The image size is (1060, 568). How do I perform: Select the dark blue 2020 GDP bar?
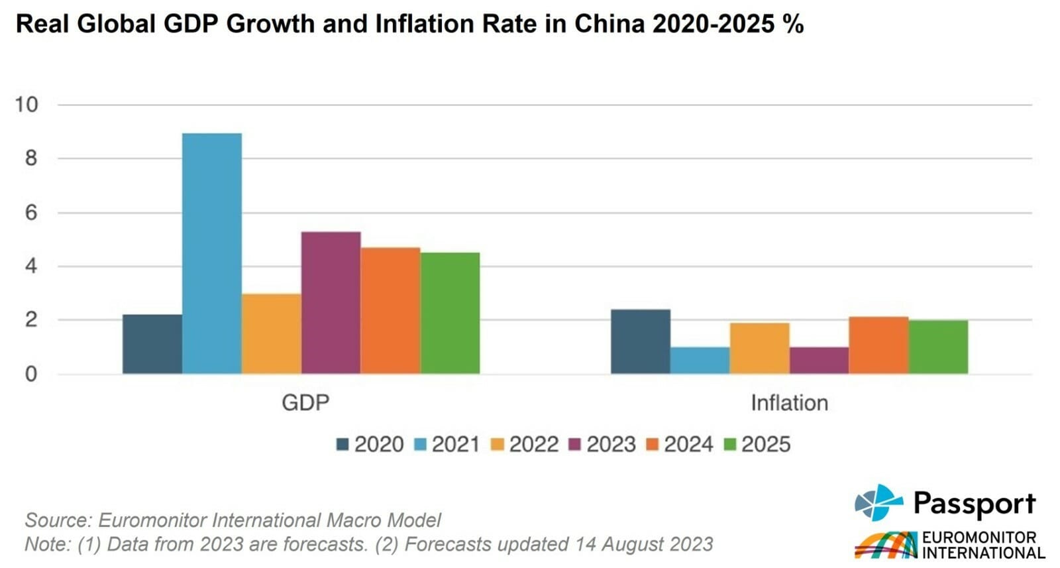[x=152, y=344]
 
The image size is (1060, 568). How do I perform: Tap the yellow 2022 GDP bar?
[x=272, y=334]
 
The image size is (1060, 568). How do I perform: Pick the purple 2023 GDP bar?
[x=331, y=303]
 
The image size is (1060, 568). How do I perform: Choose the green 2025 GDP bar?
[x=450, y=313]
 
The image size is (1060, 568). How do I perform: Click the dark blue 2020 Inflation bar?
[x=640, y=341]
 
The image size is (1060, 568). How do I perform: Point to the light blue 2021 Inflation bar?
[x=700, y=361]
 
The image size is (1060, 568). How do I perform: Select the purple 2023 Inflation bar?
[x=819, y=361]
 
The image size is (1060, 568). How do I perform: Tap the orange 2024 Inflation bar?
[x=878, y=345]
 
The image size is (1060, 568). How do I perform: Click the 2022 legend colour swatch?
[x=498, y=445]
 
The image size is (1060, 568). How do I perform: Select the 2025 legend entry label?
[x=766, y=444]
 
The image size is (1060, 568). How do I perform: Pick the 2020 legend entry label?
[x=379, y=444]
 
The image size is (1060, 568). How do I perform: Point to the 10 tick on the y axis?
[x=26, y=105]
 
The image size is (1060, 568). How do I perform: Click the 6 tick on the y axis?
[x=30, y=213]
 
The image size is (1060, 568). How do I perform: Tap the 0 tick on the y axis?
[x=30, y=374]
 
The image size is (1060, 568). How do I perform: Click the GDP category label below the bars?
[x=305, y=403]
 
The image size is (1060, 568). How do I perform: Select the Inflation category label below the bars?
[x=789, y=403]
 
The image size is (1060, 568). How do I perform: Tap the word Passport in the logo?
[x=974, y=504]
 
